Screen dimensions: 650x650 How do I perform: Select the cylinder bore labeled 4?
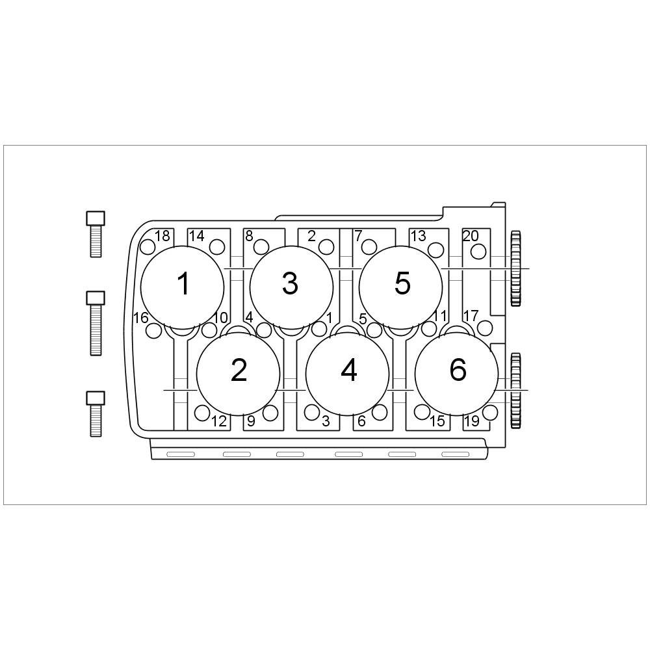point(347,374)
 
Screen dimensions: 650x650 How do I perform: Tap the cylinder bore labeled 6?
point(457,374)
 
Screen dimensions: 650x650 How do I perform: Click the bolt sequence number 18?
point(162,236)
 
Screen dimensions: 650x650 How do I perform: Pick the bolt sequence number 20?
point(471,236)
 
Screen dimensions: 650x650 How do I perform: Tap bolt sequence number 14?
point(196,236)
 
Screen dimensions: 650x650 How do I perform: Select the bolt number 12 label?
point(219,421)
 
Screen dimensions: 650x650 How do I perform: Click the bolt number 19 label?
point(472,421)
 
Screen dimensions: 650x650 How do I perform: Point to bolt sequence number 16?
point(140,318)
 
